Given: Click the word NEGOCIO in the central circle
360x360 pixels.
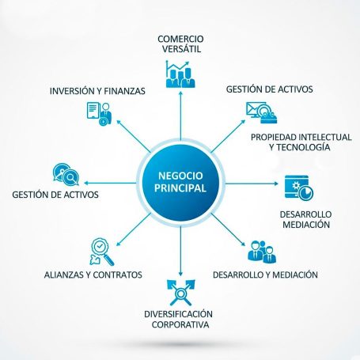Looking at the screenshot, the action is [180, 176].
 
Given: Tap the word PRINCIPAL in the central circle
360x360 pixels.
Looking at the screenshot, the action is [180, 188].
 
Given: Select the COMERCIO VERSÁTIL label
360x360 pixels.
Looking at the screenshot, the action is [180, 44].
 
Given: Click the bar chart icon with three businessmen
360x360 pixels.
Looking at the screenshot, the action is [180, 74].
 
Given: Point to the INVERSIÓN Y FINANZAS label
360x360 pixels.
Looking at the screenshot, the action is [97, 91].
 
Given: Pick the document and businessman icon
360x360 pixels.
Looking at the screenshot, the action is [100, 113].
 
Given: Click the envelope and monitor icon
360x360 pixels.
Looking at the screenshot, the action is [261, 112].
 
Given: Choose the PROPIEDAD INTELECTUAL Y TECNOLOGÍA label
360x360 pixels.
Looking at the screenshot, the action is [301, 142].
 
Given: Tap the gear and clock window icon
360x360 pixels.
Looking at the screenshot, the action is [299, 188].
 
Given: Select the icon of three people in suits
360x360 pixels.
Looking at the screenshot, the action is [262, 252].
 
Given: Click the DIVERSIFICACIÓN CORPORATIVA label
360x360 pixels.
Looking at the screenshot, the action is [179, 319].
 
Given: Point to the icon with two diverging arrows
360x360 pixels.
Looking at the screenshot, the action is [180, 293].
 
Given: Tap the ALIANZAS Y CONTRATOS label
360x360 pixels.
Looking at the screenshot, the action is [93, 275].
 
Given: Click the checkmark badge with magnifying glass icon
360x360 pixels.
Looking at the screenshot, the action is [102, 252].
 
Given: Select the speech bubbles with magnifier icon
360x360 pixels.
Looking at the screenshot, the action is [66, 175].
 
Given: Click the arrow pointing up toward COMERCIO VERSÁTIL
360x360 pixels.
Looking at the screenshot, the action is [180, 116].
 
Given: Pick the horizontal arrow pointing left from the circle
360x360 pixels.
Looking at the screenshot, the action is [110, 183].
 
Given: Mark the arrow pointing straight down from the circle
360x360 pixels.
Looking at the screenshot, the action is [180, 251].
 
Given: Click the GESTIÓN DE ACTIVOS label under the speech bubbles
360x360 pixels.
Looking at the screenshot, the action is [55, 195].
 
